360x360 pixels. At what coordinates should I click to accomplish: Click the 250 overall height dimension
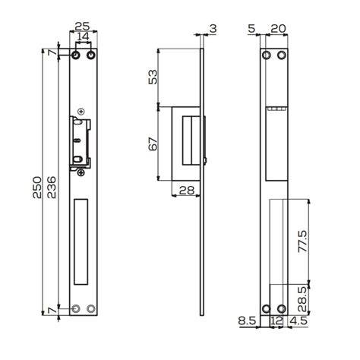(37, 188)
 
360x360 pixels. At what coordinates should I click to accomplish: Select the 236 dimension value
(52, 188)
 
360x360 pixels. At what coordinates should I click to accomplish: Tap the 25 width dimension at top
(83, 26)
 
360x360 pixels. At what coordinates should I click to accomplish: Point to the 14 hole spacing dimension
(83, 36)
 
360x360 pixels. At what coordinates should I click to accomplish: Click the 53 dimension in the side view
(153, 77)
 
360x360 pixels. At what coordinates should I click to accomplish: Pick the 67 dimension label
(153, 144)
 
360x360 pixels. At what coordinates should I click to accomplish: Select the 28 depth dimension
(187, 190)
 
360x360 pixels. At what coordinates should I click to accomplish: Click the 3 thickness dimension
(213, 29)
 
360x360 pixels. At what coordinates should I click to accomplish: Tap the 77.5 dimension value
(303, 241)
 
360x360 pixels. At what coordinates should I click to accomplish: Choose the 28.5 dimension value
(303, 299)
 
